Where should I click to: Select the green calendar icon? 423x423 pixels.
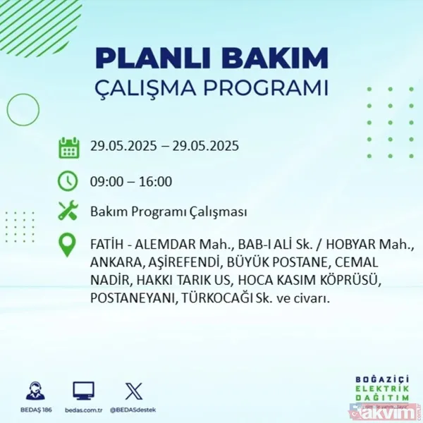point(68,147)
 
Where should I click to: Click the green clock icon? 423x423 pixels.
point(68,180)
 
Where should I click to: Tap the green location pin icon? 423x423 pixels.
point(68,245)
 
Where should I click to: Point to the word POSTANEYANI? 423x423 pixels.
point(132,298)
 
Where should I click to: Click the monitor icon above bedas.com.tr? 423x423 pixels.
point(83,391)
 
